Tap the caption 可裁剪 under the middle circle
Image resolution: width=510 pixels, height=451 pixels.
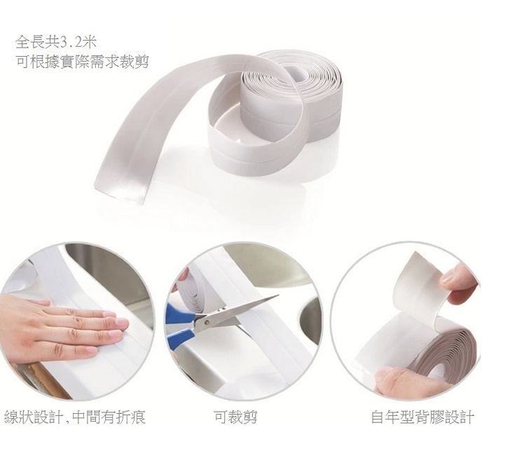tap(235, 417)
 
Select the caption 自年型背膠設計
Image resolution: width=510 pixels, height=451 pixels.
tap(422, 417)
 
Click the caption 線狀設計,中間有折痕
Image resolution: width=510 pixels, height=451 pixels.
tap(75, 417)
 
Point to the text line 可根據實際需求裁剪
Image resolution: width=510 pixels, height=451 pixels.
tap(82, 61)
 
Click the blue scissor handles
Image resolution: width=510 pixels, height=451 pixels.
tap(177, 328)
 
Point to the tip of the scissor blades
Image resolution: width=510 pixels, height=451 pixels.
tap(278, 296)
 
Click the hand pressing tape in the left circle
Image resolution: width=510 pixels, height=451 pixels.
tap(59, 328)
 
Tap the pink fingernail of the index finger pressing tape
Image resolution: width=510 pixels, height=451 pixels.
tap(122, 323)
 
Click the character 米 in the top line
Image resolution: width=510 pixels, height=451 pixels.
tap(89, 42)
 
